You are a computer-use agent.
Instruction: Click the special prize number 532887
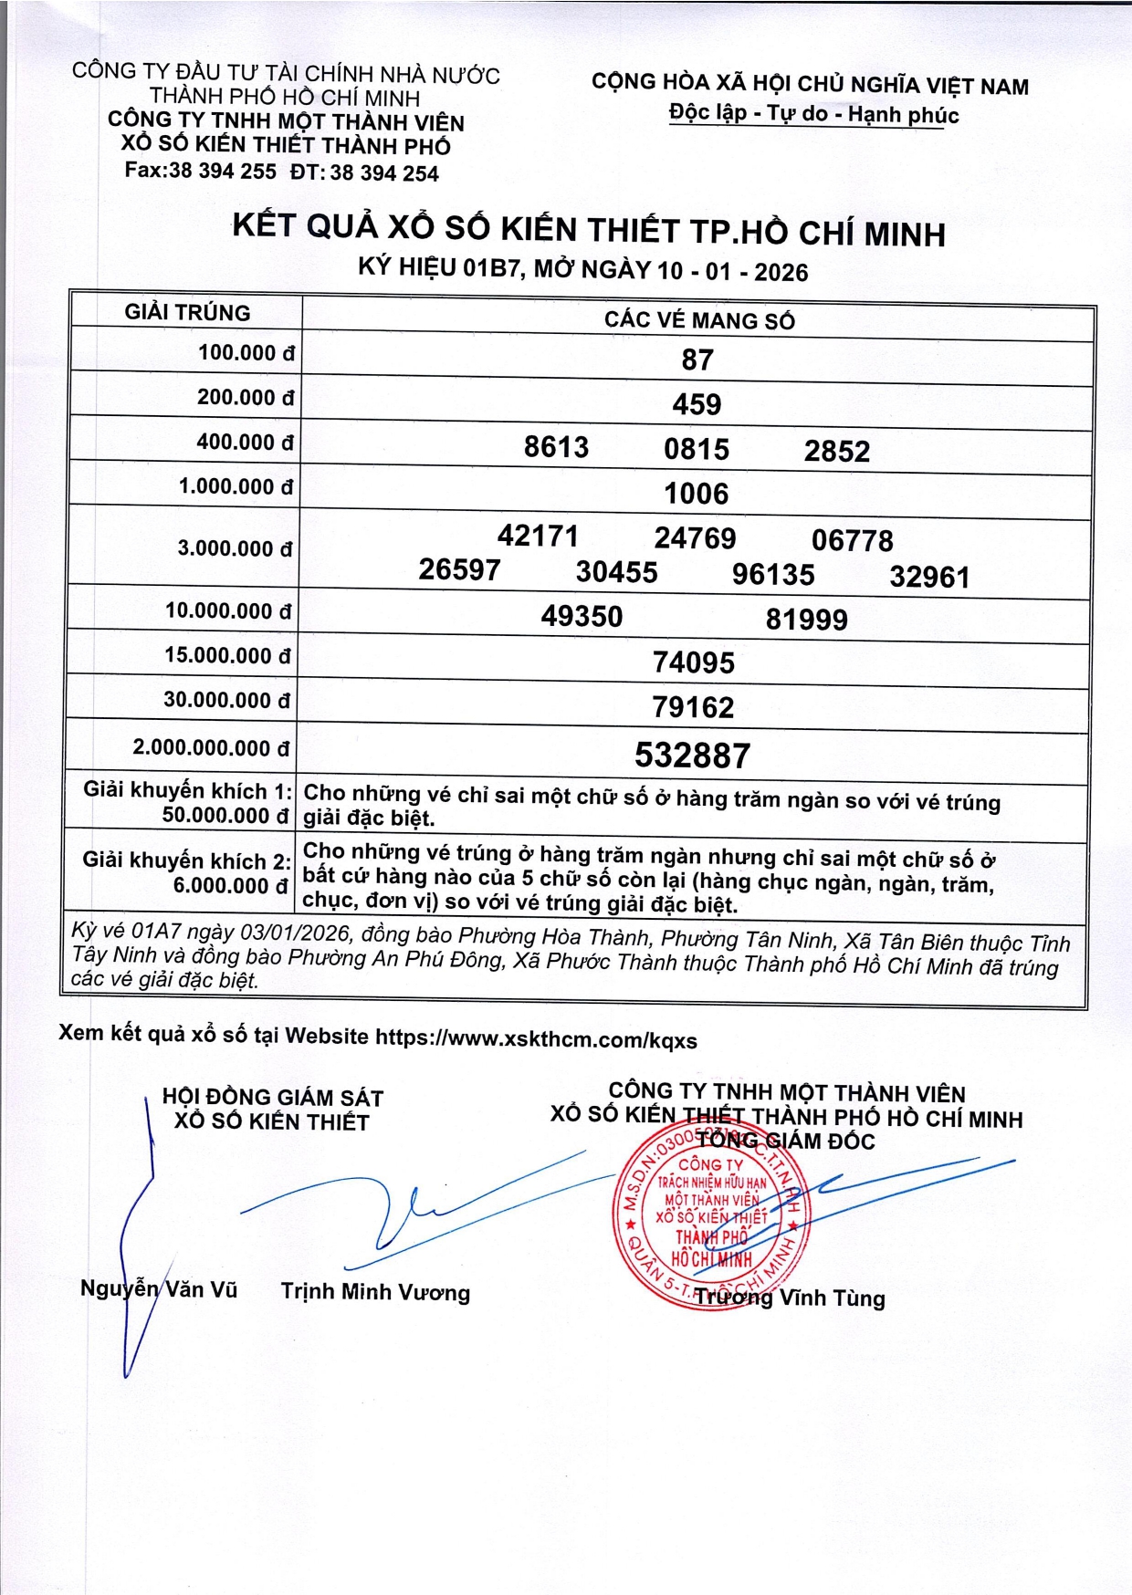693,756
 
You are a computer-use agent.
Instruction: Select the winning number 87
697,360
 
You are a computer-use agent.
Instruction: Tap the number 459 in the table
697,404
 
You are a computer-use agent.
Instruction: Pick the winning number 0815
697,449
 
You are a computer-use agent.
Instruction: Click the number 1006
696,494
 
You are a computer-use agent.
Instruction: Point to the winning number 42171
538,536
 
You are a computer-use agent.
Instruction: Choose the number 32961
929,577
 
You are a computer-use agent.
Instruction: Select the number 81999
806,620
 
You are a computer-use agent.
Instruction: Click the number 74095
693,662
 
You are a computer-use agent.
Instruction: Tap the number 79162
693,707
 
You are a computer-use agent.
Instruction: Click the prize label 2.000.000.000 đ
211,748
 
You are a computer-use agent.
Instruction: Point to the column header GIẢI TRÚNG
187,313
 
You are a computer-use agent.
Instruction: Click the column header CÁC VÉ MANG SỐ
699,320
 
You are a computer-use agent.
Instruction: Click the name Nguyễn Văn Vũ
159,1288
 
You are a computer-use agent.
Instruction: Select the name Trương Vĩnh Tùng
790,1298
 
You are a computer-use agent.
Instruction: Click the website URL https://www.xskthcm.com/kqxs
536,1038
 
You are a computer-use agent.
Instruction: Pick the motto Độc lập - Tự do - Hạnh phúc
813,115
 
